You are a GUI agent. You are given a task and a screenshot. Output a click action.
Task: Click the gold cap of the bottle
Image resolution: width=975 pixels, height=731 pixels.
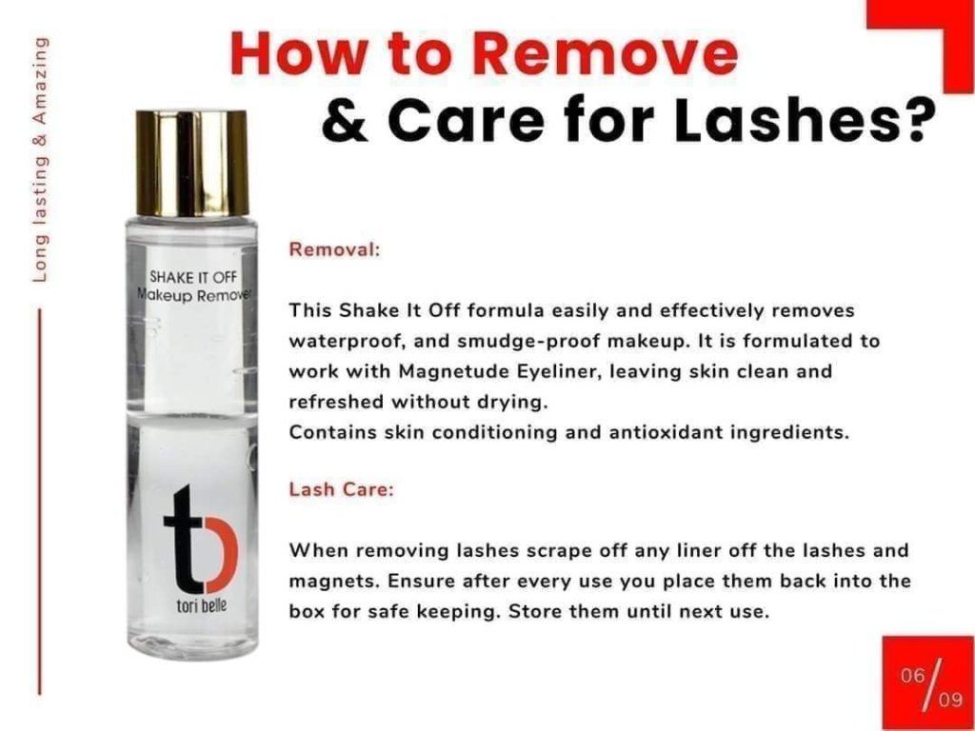coord(191,164)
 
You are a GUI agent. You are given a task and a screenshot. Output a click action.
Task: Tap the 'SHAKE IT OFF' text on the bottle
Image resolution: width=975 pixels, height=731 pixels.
coord(193,276)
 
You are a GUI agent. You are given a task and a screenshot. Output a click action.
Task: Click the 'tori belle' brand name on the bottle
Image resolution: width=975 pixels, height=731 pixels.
coord(202,606)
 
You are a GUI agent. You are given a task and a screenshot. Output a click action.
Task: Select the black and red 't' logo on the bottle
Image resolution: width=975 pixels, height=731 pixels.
coord(200,540)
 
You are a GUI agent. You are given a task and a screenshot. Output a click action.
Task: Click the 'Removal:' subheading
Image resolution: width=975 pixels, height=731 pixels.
coord(334,250)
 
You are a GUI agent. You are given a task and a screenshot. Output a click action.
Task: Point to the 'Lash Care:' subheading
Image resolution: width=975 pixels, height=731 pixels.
coord(342,490)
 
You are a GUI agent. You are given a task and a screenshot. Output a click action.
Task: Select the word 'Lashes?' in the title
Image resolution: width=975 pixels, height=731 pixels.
coord(806,117)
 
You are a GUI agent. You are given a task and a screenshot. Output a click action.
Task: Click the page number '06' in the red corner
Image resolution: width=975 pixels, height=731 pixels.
coord(913,675)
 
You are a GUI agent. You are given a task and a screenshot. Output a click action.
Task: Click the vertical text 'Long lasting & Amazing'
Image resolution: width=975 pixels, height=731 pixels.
coord(40,159)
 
